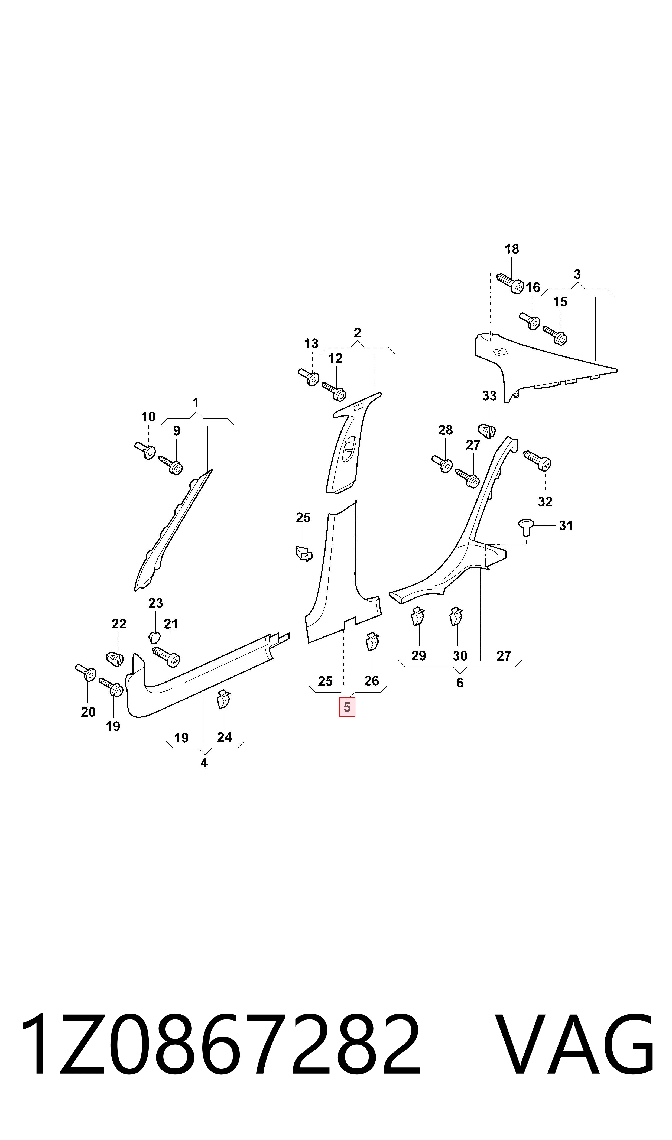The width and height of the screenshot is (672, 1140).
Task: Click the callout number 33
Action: point(489,396)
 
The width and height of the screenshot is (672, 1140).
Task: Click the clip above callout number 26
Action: point(372,642)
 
